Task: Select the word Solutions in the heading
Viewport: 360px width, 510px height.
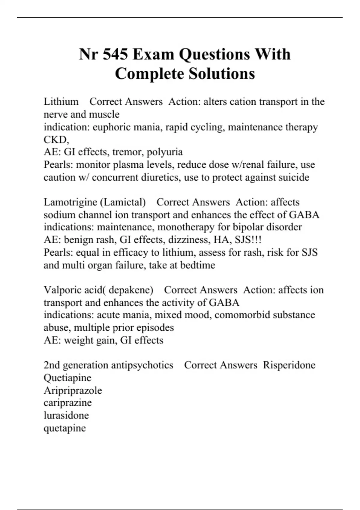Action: [220, 74]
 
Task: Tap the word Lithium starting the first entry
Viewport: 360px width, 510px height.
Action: [61, 102]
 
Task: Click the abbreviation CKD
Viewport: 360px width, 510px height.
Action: [56, 140]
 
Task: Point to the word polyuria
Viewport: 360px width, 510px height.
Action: [165, 152]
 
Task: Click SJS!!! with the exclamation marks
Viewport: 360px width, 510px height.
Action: [247, 240]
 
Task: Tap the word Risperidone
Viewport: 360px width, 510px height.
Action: [289, 365]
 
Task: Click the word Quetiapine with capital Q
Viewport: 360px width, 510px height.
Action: [67, 378]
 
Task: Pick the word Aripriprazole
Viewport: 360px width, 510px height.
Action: [73, 391]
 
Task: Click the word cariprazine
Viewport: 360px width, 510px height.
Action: [67, 403]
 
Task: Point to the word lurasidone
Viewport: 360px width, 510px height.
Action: [66, 415]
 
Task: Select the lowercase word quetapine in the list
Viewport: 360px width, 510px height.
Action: [65, 428]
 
